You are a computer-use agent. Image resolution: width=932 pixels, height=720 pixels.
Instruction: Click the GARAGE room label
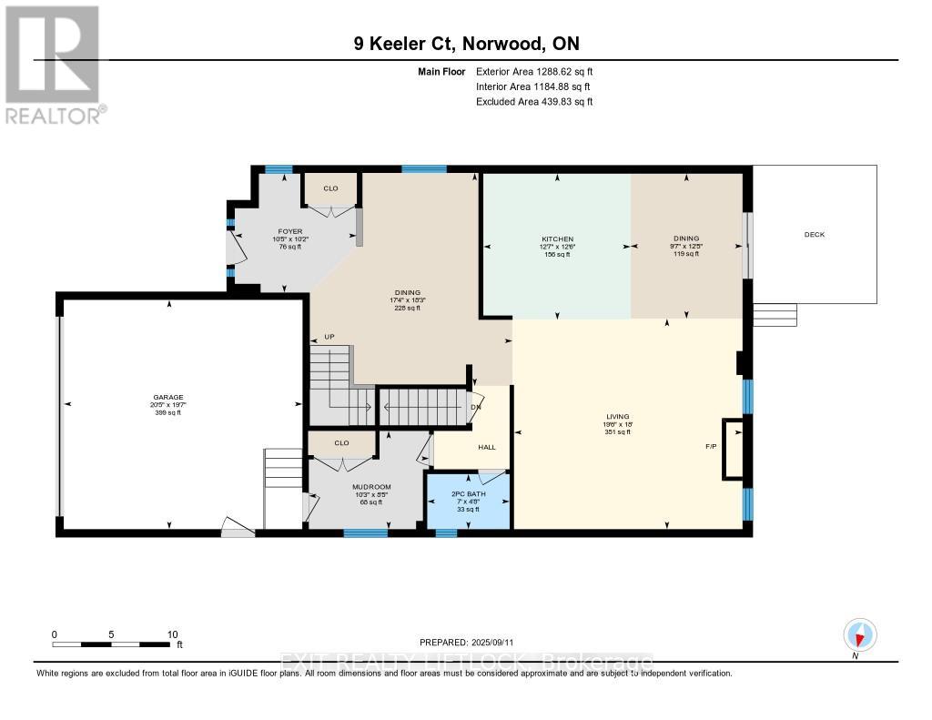(x=167, y=397)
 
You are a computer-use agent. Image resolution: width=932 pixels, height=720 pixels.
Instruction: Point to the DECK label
(x=814, y=235)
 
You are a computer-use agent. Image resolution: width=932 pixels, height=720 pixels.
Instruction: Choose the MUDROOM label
(x=371, y=487)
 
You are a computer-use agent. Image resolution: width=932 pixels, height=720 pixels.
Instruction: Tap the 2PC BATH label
(x=469, y=493)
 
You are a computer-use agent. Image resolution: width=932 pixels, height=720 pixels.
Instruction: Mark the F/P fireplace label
(x=711, y=447)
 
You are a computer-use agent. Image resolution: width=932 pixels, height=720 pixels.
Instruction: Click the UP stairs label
(x=329, y=337)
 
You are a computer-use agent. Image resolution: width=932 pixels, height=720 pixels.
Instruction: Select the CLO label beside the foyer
(x=330, y=188)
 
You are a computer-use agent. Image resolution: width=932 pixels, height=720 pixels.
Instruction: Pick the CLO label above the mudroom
(x=341, y=443)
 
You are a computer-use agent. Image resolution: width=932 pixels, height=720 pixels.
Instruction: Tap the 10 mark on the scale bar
(x=172, y=634)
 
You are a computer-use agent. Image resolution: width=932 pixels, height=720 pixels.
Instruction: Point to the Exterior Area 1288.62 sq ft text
(x=534, y=71)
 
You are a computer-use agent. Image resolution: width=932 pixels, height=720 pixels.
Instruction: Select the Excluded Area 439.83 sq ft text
(x=534, y=102)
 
